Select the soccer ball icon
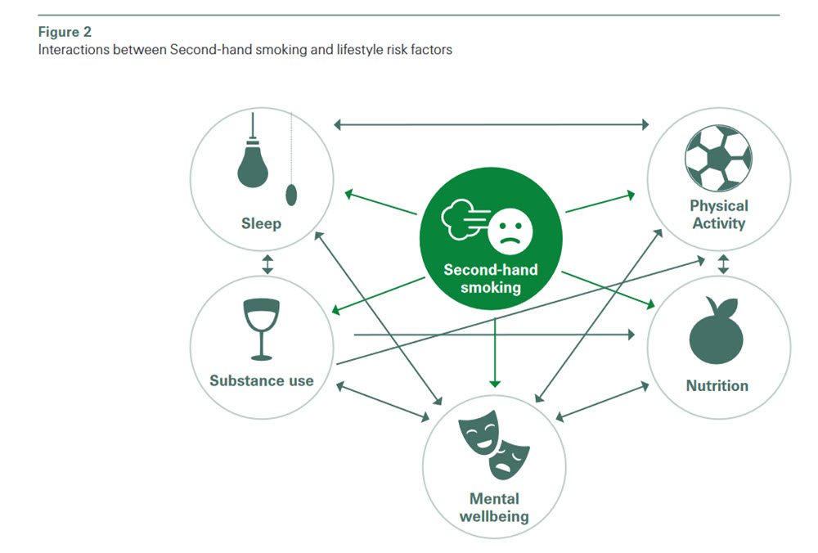coord(718,159)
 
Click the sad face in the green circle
coord(510,229)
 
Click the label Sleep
coord(261,223)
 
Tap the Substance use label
coord(261,380)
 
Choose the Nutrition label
coord(717,385)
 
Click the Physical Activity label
coord(718,214)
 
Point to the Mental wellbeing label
coord(493,507)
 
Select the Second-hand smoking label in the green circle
coord(491,278)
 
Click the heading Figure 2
coord(65,34)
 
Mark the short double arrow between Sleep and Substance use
coord(267,265)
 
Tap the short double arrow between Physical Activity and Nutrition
coord(723,264)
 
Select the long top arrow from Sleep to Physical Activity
coord(491,124)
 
